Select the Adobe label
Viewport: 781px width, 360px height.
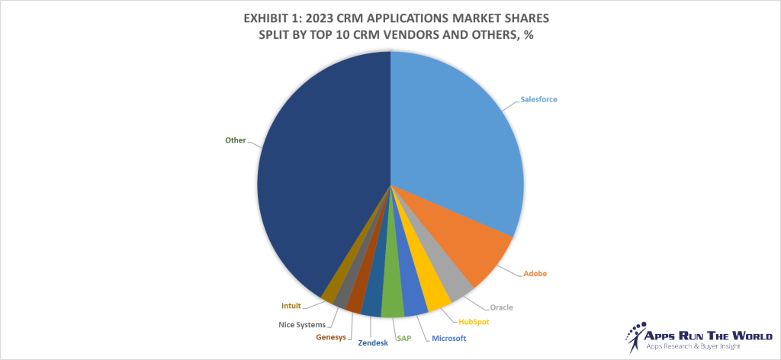(534, 273)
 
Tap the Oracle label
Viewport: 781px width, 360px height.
(500, 307)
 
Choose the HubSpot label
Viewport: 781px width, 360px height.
(474, 322)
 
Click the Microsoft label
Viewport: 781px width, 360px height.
(449, 338)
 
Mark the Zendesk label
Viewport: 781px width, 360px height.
(373, 343)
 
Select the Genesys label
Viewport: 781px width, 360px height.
(331, 337)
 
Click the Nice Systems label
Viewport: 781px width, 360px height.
(301, 325)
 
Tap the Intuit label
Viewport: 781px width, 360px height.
(291, 306)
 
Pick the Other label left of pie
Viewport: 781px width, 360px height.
(235, 140)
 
